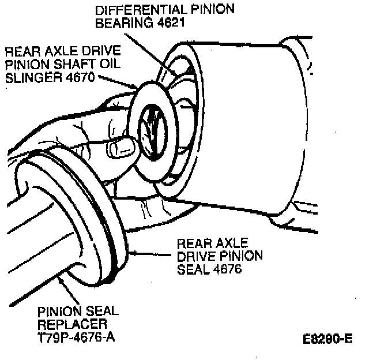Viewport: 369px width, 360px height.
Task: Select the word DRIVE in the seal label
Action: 193,255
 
